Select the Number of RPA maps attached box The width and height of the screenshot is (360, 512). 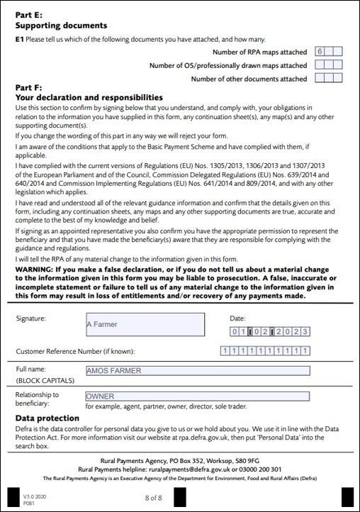(329, 52)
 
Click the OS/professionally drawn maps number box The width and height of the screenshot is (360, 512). (329, 65)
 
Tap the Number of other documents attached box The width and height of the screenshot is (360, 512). (329, 79)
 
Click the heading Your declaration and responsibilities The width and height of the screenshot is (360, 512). (89, 97)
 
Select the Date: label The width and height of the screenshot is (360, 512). (237, 318)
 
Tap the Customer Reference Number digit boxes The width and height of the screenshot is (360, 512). (265, 350)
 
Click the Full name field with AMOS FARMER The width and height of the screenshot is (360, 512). (197, 370)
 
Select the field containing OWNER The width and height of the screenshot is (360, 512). (197, 396)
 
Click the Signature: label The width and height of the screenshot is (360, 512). (30, 318)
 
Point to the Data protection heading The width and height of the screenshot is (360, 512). (47, 418)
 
